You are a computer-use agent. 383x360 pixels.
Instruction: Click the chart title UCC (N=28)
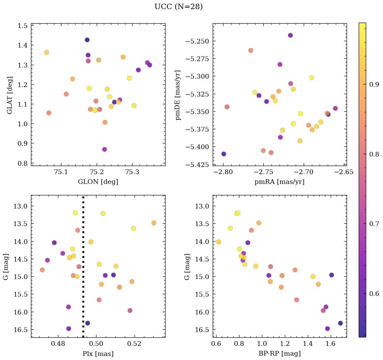(x=178, y=7)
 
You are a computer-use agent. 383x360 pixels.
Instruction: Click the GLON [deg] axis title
(x=98, y=182)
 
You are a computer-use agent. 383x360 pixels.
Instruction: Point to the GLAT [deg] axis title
(x=10, y=95)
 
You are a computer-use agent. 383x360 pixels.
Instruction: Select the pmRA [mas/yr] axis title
(x=279, y=182)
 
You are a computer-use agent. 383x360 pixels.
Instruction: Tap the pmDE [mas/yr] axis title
(x=178, y=95)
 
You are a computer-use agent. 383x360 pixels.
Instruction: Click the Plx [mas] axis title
(x=98, y=354)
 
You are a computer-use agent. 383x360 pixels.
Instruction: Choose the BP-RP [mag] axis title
(x=279, y=354)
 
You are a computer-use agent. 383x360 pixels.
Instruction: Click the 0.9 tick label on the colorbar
(x=374, y=84)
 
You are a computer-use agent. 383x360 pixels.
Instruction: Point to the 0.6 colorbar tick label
(x=374, y=294)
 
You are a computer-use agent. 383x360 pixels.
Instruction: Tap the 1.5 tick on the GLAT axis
(x=23, y=26)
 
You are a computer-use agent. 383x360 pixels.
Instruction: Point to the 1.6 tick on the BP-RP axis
(x=330, y=344)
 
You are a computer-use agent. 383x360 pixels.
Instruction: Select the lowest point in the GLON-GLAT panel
(x=105, y=149)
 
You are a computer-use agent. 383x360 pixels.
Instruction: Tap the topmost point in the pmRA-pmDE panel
(x=290, y=35)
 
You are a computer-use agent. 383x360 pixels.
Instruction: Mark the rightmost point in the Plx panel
(x=154, y=223)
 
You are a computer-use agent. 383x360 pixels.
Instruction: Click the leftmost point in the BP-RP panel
(x=218, y=242)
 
